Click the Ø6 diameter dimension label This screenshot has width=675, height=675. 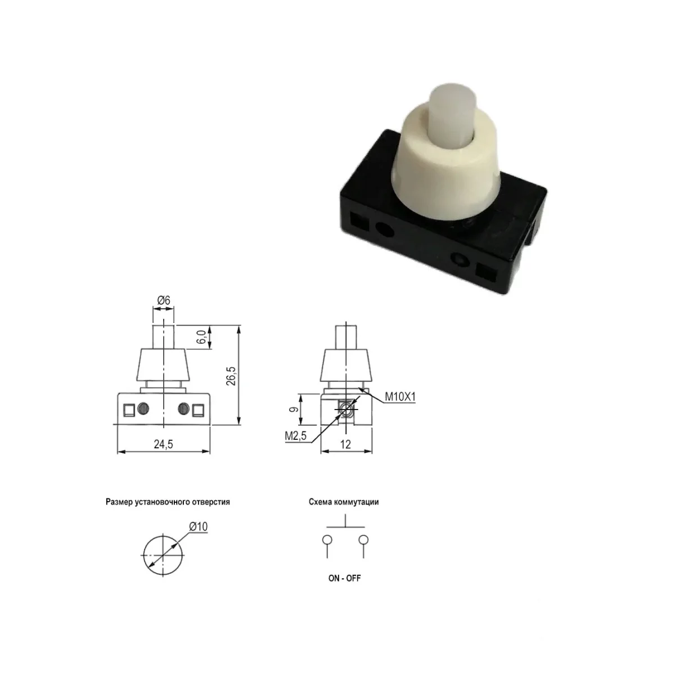163,300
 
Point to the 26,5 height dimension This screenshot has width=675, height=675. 231,376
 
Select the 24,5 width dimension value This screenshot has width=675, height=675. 163,444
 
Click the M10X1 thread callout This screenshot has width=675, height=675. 400,397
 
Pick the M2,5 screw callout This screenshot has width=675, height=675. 296,436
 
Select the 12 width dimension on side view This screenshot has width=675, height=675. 345,444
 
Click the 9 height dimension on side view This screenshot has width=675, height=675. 294,409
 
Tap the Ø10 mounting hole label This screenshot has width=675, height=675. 198,526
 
